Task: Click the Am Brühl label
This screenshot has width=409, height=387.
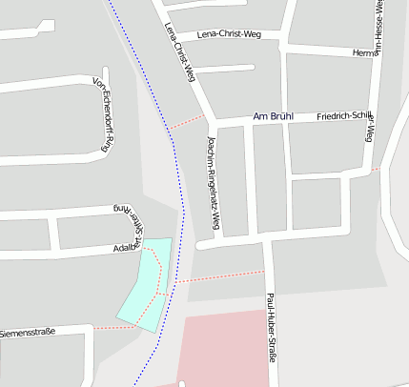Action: (x=272, y=116)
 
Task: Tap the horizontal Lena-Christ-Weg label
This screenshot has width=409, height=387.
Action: (x=229, y=34)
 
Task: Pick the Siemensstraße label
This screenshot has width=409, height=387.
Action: (x=29, y=333)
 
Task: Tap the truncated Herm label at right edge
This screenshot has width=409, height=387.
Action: (x=364, y=52)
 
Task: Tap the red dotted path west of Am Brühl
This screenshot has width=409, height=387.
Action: (x=188, y=122)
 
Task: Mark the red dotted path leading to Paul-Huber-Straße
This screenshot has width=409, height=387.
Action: (x=219, y=276)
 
